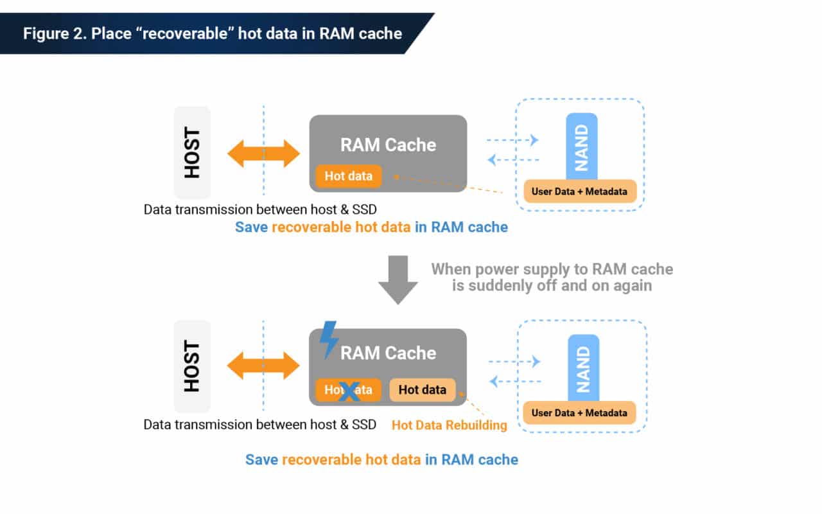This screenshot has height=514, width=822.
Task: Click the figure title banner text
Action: (x=213, y=33)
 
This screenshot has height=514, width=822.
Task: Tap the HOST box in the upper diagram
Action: (x=192, y=153)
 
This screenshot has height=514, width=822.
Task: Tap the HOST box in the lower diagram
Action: (x=192, y=366)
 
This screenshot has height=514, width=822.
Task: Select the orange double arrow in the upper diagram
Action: (x=263, y=154)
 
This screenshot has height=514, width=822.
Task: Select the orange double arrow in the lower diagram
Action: (x=263, y=366)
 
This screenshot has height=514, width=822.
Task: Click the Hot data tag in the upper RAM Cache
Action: (x=348, y=176)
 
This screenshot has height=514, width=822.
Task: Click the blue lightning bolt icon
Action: (x=329, y=339)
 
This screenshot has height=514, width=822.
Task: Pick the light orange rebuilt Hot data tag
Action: (x=422, y=389)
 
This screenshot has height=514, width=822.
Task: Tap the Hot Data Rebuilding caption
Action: (x=449, y=425)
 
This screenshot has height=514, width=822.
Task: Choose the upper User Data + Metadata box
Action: (x=579, y=191)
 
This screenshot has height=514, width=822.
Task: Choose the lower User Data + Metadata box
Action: (x=579, y=412)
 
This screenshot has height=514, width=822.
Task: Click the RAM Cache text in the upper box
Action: (x=388, y=145)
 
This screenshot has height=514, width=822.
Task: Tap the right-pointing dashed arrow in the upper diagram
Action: (x=512, y=139)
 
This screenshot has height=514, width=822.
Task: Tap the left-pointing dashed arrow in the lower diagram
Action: (x=514, y=382)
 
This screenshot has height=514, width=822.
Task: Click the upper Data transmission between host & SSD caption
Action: (x=259, y=209)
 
